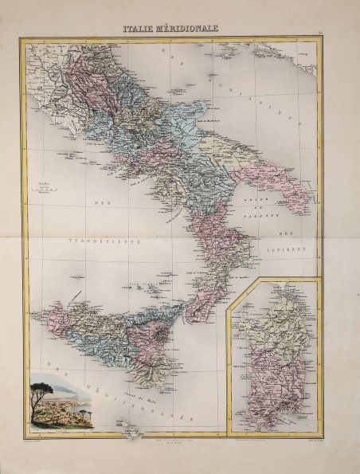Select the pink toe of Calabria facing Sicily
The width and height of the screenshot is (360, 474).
pyautogui.click(x=192, y=303)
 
